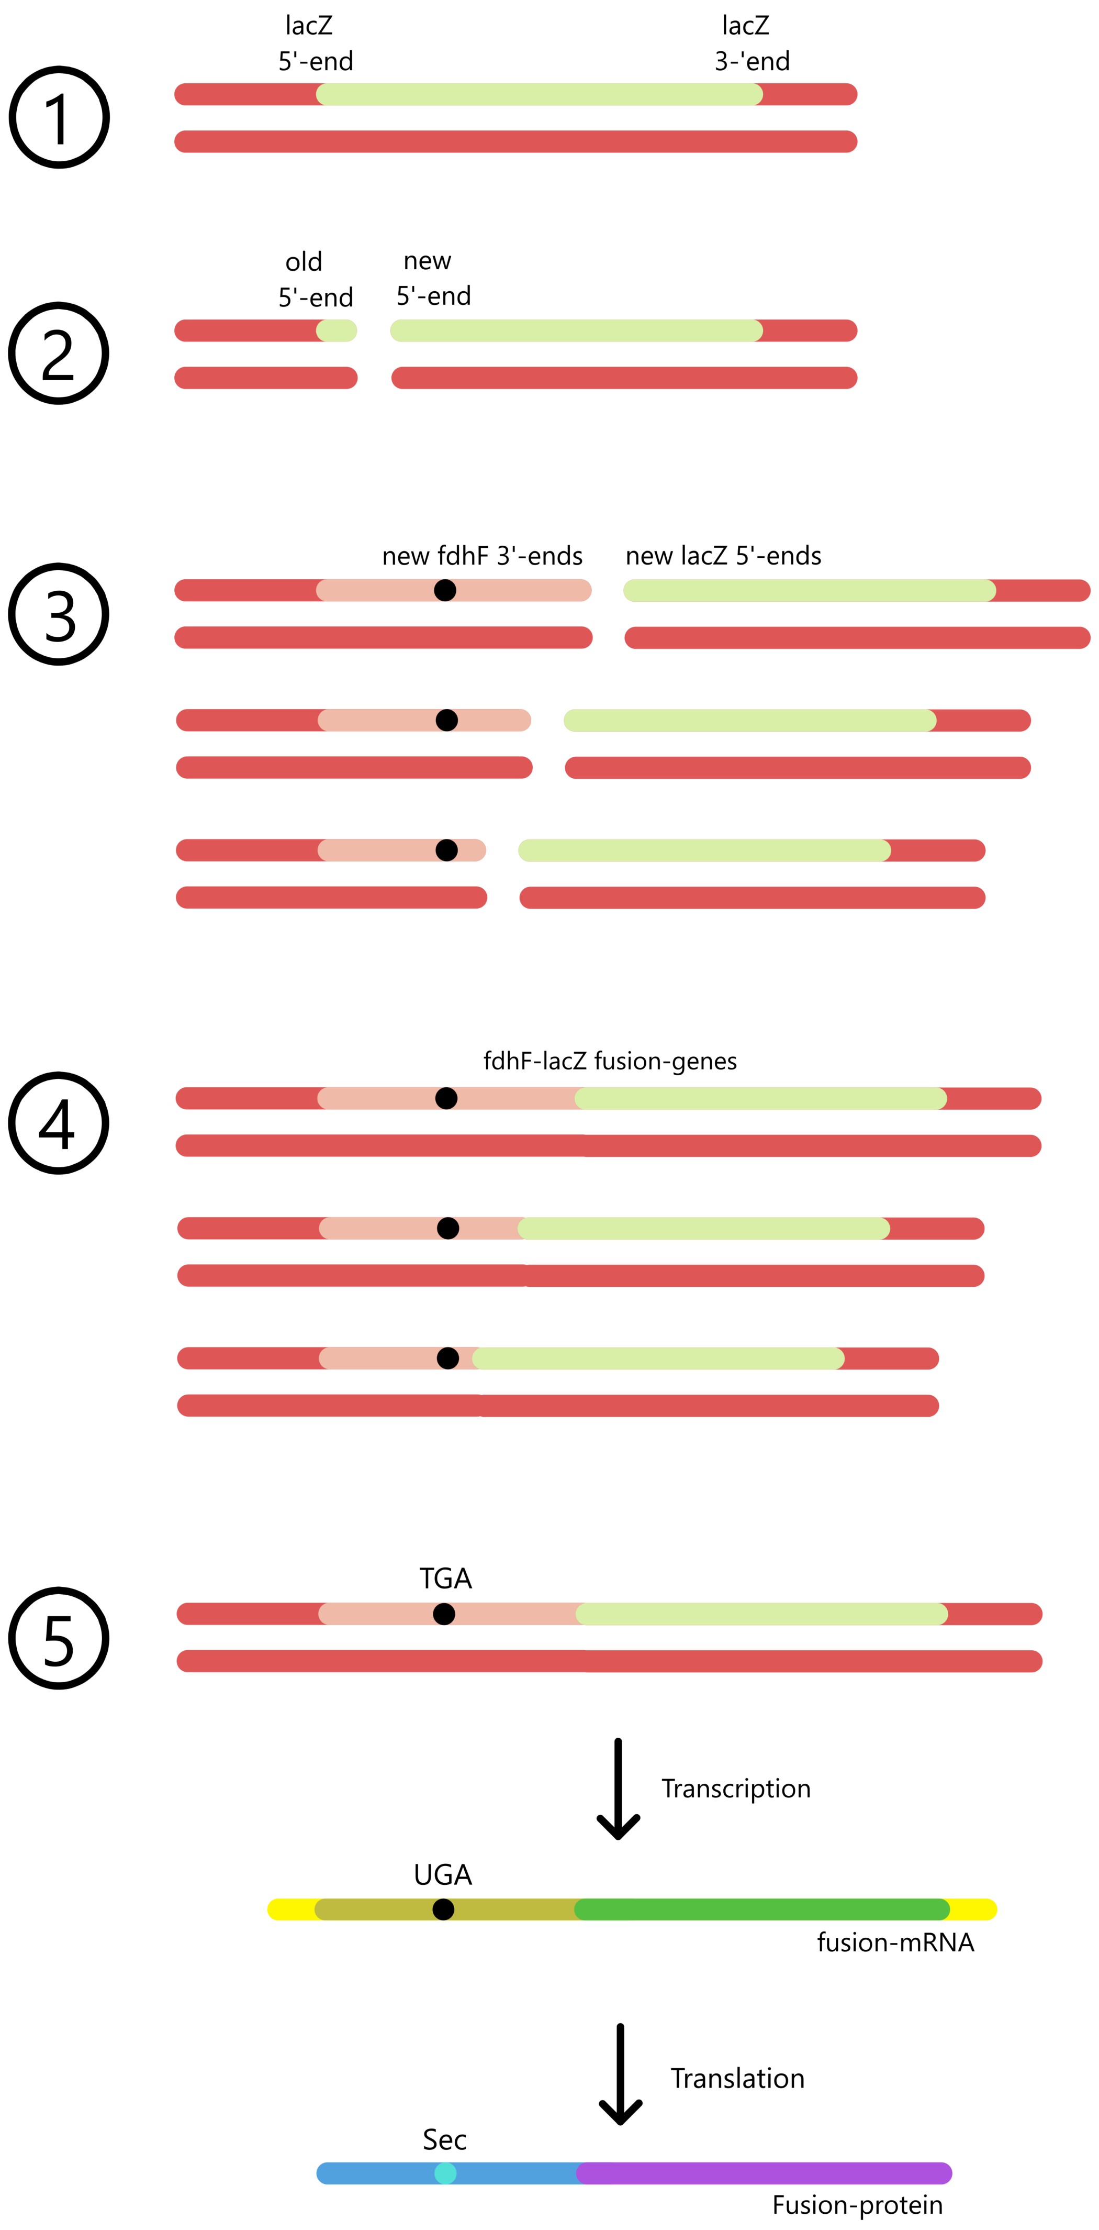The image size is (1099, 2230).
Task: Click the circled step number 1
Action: coord(59,117)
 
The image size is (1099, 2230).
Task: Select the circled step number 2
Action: coord(59,353)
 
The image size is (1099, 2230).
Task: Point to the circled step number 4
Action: coord(59,1123)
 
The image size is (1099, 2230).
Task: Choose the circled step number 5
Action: coord(59,1638)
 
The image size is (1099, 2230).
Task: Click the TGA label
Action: coord(446,1578)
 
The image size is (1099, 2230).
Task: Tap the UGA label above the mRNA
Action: coord(442,1874)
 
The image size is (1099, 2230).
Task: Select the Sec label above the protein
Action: coord(444,2139)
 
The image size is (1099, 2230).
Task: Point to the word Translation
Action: coord(737,2078)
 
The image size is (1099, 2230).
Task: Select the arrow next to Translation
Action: coord(620,2074)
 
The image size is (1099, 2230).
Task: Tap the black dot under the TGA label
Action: coord(444,1614)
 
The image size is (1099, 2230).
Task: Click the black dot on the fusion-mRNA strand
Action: coord(443,1909)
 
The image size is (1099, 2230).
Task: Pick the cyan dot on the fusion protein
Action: coord(445,2173)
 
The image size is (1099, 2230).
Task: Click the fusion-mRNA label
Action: coord(895,1942)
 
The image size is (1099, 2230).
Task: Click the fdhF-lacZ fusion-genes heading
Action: coord(609,1061)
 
